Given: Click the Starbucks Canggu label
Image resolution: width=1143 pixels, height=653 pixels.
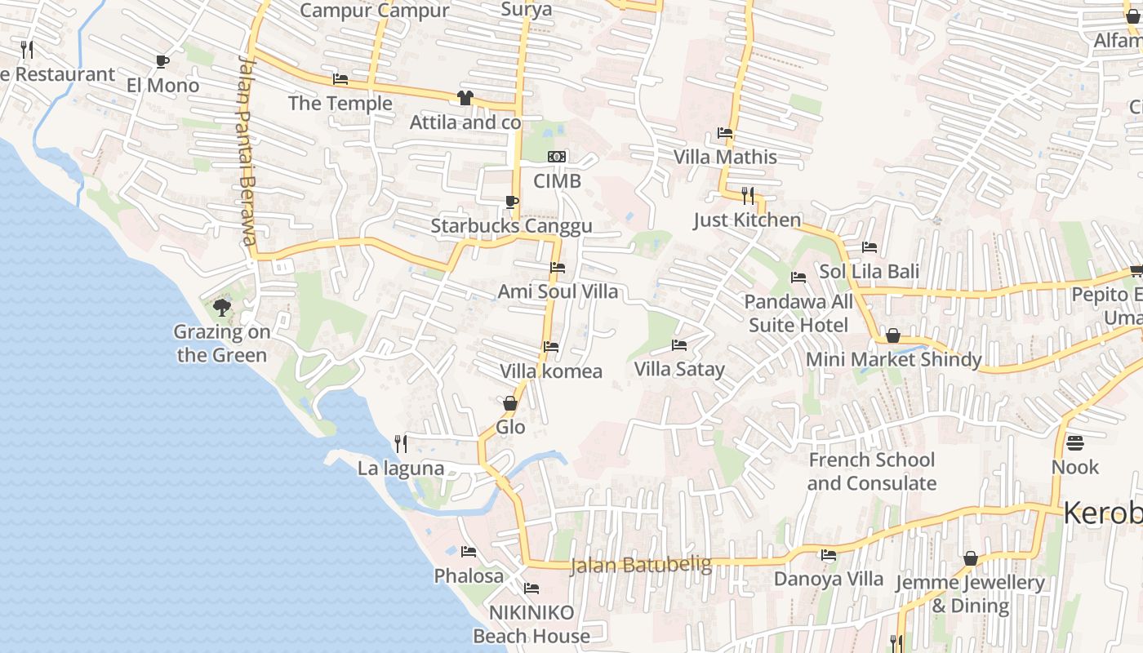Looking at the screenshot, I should [511, 226].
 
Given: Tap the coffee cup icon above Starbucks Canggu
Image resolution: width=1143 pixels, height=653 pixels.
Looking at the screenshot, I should [512, 202].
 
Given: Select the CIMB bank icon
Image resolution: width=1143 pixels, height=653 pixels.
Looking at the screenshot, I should [557, 157].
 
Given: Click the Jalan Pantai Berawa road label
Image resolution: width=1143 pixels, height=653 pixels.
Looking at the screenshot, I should [247, 150].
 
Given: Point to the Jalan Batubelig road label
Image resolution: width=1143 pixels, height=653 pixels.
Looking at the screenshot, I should [641, 565].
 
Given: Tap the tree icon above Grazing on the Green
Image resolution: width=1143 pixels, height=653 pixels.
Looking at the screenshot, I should [221, 308].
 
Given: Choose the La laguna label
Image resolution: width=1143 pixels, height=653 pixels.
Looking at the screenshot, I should [401, 469].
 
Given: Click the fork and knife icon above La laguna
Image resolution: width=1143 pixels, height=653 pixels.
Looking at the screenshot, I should [401, 444].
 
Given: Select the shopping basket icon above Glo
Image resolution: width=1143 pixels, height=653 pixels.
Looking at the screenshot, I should [510, 403].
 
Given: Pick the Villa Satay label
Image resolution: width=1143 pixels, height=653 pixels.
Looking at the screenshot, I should [679, 369].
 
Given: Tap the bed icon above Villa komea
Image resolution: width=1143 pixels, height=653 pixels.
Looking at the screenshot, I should [551, 347].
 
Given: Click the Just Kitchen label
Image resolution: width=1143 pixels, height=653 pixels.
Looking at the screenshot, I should [747, 220].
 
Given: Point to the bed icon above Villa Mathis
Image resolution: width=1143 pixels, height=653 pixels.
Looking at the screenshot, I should [724, 133].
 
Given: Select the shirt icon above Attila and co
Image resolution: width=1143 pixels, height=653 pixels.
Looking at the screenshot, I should [465, 98].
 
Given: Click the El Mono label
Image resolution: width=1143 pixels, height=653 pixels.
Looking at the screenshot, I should [162, 86].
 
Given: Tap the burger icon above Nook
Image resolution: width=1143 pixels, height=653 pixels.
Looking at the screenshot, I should [1075, 443].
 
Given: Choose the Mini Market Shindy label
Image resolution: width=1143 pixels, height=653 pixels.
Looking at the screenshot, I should [893, 359].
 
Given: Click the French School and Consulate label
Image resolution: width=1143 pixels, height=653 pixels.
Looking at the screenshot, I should [872, 472].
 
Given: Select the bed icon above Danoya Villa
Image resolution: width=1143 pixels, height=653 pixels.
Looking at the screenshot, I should [829, 555].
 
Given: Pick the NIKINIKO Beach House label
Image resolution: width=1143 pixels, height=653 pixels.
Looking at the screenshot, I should [531, 624].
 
